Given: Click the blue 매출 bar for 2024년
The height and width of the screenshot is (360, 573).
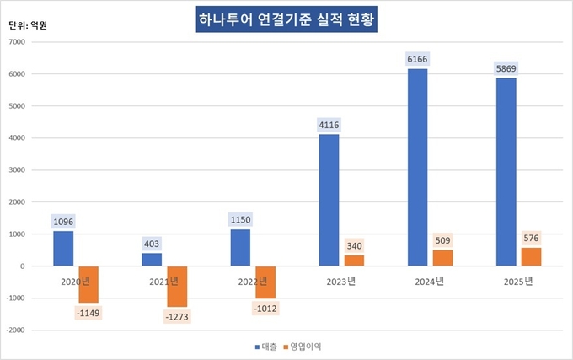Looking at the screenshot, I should coord(418,167).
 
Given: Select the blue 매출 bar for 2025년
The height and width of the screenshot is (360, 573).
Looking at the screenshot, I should coord(506,172).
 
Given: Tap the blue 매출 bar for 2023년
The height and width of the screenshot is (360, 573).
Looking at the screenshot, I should coord(329,200).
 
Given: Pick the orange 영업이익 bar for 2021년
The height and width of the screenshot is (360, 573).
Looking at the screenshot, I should coord(177,287).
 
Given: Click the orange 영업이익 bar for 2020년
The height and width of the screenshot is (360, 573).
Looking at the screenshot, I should coord(88,284).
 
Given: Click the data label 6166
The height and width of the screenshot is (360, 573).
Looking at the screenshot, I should coord(418,59).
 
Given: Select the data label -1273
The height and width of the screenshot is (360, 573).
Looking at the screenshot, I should coord(177,317).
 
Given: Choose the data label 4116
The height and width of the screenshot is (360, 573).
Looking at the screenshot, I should coord(329,126).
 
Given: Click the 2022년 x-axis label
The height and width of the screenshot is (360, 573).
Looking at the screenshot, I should coord(254,281).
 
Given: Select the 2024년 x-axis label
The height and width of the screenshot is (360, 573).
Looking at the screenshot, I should coord(431,281).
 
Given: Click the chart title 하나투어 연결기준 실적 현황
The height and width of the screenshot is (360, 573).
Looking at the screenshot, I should coord(283,20).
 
